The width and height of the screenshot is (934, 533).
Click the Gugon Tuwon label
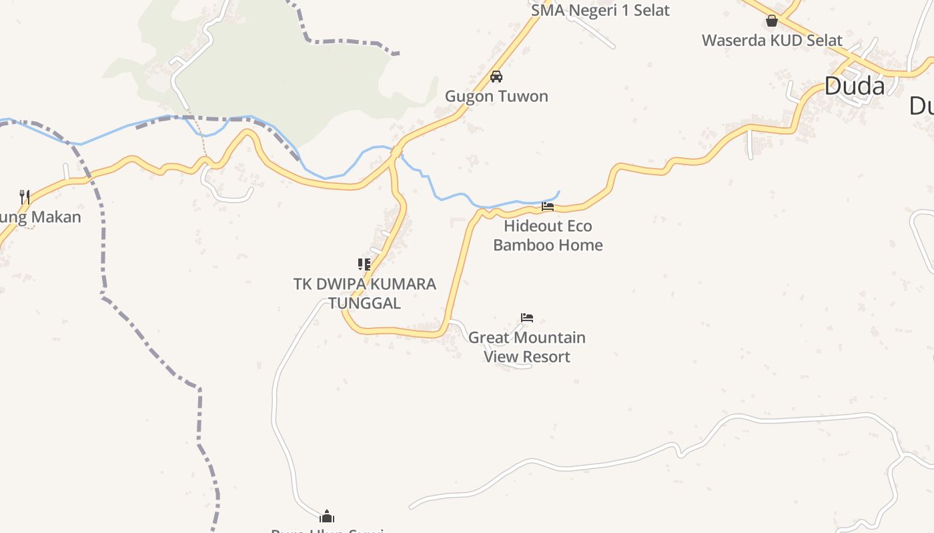click(496, 97)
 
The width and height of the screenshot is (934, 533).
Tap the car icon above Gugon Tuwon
click(496, 77)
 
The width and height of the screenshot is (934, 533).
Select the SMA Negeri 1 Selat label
click(600, 11)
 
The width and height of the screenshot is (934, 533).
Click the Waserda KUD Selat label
click(772, 41)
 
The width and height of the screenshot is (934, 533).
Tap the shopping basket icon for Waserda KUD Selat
click(772, 21)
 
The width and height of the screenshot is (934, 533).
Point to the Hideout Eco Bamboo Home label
click(548, 236)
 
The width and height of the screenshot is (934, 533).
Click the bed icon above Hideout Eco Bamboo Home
click(548, 207)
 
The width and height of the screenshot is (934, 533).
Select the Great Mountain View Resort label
click(527, 347)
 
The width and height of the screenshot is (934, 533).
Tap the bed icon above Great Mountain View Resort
click(527, 318)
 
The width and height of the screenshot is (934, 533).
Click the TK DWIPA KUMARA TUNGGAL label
click(364, 294)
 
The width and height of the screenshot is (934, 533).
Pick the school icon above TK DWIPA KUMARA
click(364, 265)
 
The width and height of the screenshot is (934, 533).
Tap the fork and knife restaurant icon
click(25, 197)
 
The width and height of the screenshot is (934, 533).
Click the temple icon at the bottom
click(327, 516)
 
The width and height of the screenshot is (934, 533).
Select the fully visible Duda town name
click(855, 86)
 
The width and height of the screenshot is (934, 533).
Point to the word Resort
click(546, 357)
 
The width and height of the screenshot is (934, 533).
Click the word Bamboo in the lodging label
click(520, 245)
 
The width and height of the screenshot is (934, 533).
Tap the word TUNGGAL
click(364, 304)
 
